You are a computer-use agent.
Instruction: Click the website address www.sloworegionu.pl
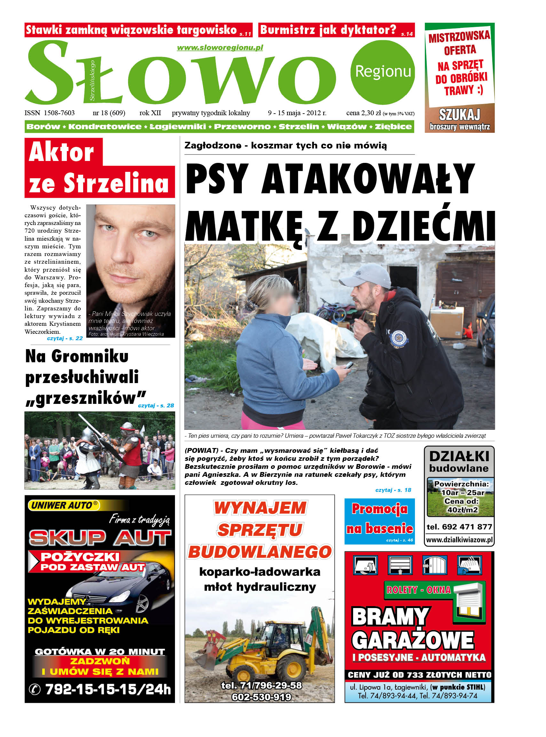pyautogui.click(x=220, y=48)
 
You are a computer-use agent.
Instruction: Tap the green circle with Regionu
pyautogui.click(x=383, y=72)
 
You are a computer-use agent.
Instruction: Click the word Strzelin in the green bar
pyautogui.click(x=298, y=127)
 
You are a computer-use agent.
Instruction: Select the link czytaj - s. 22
pyautogui.click(x=65, y=338)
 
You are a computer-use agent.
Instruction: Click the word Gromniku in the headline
pyautogui.click(x=90, y=356)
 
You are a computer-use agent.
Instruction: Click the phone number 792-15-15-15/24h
pyautogui.click(x=107, y=689)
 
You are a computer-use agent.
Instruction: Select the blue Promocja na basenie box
pyautogui.click(x=379, y=521)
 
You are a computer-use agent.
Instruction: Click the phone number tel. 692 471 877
pyautogui.click(x=459, y=527)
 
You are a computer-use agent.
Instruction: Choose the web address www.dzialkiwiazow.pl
pyautogui.click(x=459, y=540)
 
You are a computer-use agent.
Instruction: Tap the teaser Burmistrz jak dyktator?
pyautogui.click(x=328, y=30)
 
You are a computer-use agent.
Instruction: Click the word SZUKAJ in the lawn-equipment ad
pyautogui.click(x=459, y=115)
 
